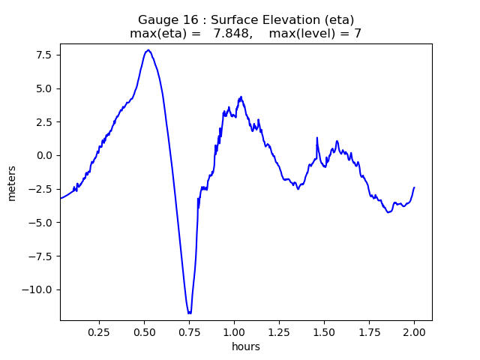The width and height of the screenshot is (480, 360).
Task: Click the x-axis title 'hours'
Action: point(246,346)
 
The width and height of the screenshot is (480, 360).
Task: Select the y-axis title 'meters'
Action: point(11,182)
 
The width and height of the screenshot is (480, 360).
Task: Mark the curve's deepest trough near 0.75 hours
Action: point(189,313)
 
